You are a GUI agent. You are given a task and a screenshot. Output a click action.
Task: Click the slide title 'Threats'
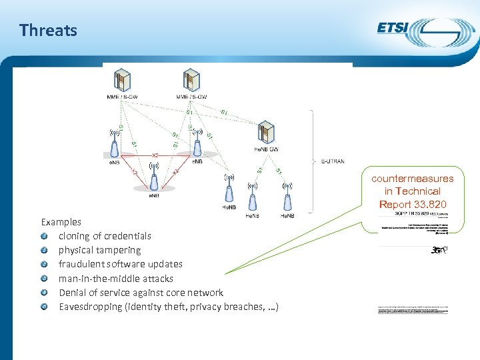48,30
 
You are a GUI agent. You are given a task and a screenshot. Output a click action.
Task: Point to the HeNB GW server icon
267,132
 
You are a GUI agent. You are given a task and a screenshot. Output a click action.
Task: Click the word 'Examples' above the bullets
61,222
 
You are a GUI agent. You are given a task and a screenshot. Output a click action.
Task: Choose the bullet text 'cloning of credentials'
105,236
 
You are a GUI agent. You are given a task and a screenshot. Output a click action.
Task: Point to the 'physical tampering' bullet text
99,250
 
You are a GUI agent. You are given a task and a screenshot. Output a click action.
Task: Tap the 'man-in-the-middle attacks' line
115,279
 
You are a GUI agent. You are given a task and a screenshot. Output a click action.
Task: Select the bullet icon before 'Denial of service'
44,293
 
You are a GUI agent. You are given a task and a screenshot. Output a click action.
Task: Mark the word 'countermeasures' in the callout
413,178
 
